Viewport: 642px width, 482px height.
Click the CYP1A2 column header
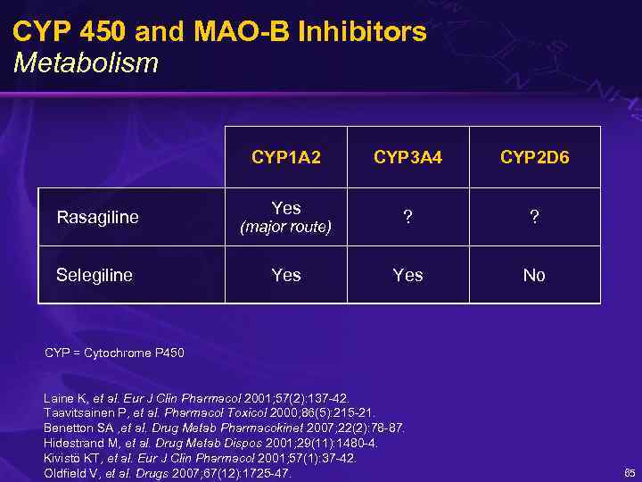click(285, 158)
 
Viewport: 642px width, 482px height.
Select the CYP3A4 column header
click(407, 158)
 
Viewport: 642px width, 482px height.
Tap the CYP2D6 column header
click(534, 158)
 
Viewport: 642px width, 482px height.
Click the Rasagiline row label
click(97, 217)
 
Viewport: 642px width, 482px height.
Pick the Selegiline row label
click(94, 275)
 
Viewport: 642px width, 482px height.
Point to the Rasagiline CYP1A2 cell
click(285, 217)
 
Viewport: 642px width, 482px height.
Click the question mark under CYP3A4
click(407, 218)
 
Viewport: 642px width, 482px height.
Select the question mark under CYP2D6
click(534, 218)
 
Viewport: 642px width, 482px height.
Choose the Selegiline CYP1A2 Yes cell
click(285, 275)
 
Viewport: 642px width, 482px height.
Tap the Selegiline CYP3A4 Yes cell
click(407, 275)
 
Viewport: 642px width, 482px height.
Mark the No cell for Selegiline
click(534, 275)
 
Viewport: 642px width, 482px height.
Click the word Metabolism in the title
click(86, 63)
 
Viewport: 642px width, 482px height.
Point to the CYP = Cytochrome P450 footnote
click(114, 353)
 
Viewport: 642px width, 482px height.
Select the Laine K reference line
click(196, 398)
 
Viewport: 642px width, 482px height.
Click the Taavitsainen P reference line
click(210, 413)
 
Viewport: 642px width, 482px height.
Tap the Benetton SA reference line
click(224, 428)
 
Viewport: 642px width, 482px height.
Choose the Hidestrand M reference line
click(210, 443)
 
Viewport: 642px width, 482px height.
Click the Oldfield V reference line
click(168, 473)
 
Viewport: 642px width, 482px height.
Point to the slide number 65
click(630, 473)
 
